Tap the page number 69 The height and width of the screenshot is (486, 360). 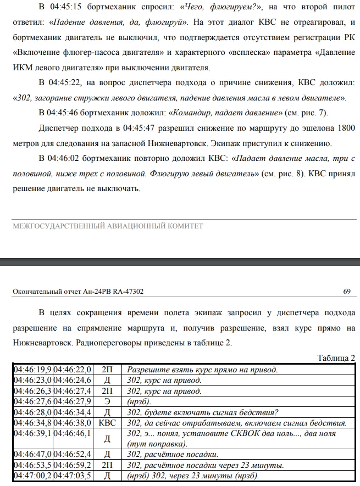pyautogui.click(x=347, y=292)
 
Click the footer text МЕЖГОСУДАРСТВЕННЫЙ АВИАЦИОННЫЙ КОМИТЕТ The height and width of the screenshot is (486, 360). pyautogui.click(x=108, y=226)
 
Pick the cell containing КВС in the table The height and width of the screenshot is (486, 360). pyautogui.click(x=107, y=423)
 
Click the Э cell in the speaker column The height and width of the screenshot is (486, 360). pyautogui.click(x=107, y=401)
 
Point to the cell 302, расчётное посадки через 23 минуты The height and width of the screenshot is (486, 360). pyautogui.click(x=205, y=466)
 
